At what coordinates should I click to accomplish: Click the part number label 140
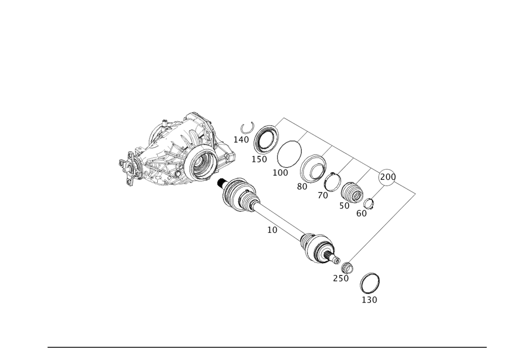(241, 140)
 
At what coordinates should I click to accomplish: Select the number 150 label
(259, 159)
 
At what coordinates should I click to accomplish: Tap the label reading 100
(280, 173)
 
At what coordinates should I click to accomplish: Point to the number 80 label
(302, 187)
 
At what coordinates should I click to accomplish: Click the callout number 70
(323, 196)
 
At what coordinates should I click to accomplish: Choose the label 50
(344, 206)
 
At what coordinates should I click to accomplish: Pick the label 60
(361, 213)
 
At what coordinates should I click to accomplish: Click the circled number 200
(388, 177)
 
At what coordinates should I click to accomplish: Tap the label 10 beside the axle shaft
(272, 230)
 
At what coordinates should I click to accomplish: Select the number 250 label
(341, 278)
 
